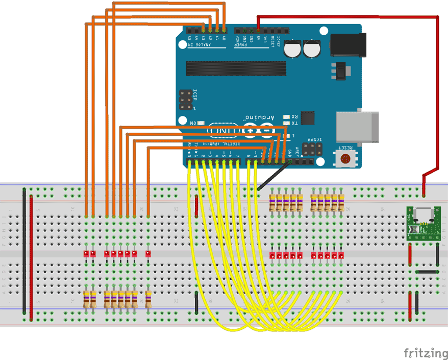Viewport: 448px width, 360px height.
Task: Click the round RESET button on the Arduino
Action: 347,158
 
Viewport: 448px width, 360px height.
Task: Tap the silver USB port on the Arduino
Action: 357,126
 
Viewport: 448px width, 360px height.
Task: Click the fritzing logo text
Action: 423,353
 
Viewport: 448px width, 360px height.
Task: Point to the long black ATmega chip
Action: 236,68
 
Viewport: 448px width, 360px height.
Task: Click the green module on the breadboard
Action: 423,223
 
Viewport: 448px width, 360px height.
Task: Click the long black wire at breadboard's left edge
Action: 24,250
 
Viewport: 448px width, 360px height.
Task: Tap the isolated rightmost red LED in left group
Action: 148,254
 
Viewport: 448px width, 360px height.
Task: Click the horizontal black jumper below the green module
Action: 427,272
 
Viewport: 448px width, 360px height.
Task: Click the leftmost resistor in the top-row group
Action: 272,202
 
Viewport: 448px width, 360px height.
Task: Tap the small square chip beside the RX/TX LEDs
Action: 308,118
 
